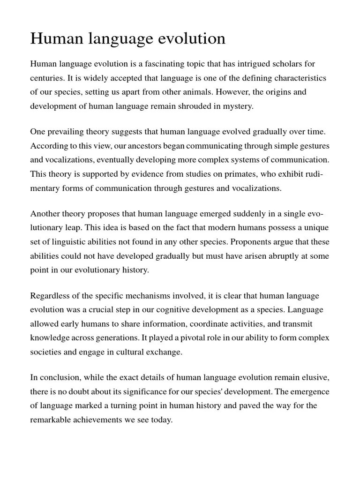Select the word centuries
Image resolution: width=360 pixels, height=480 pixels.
point(47,78)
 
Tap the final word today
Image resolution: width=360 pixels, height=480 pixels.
point(162,420)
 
